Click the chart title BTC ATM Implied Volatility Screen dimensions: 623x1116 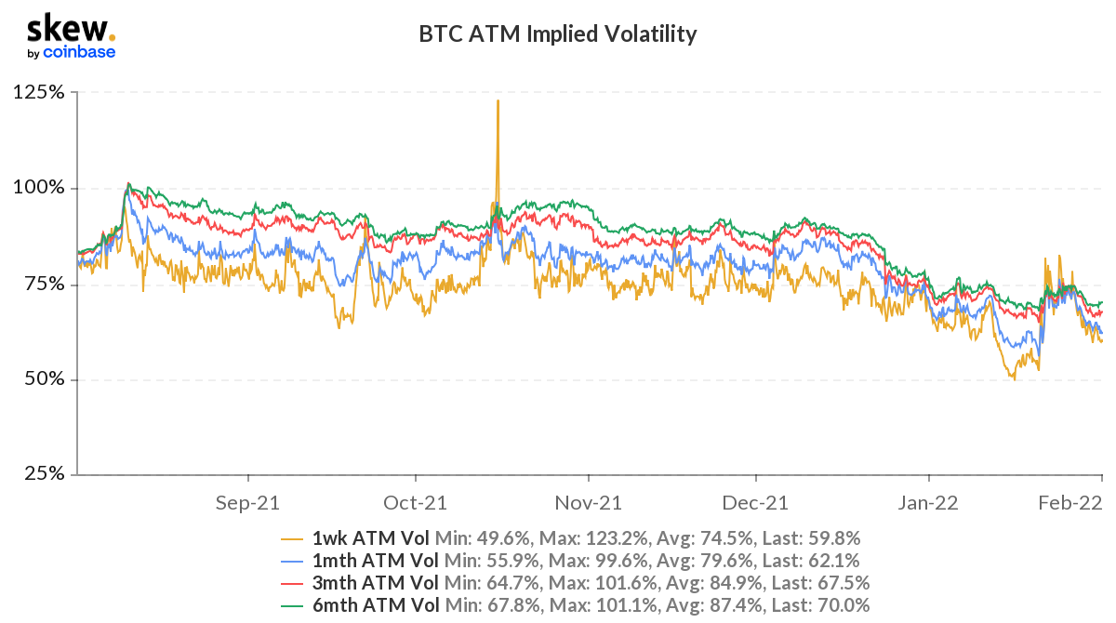point(558,35)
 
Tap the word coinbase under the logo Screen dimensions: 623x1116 point(79,53)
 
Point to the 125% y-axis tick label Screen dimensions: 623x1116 point(39,93)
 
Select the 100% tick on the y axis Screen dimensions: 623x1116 point(39,189)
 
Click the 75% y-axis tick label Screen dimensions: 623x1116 point(43,285)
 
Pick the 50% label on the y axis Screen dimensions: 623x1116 point(43,380)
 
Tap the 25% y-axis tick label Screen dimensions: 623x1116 point(43,475)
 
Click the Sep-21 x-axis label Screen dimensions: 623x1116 point(247,503)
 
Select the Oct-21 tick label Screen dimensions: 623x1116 point(416,503)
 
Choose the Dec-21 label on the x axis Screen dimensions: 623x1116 point(757,503)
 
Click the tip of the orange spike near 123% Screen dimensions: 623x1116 point(498,100)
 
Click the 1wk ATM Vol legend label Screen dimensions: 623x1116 point(371,537)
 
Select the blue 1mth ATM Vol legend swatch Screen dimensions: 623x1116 point(293,561)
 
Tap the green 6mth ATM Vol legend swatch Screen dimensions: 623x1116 point(293,606)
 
